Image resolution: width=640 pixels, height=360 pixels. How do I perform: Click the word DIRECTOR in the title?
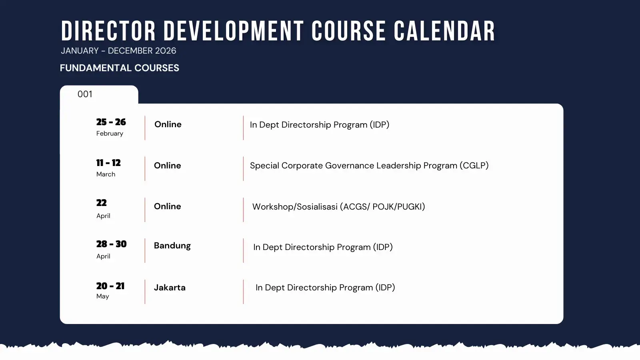click(108, 31)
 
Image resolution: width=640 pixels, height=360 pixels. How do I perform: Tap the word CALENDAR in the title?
click(444, 31)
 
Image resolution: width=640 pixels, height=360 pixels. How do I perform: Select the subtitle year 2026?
click(166, 50)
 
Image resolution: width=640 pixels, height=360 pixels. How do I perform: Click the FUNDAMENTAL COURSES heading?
click(120, 68)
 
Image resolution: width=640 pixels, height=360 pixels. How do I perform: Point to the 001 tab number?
click(85, 94)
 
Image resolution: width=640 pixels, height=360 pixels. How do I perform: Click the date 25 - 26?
click(111, 122)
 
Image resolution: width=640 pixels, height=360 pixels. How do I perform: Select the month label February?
click(110, 134)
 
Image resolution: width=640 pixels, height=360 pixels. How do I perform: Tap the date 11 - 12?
click(108, 163)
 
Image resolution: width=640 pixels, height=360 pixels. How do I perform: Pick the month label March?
click(106, 174)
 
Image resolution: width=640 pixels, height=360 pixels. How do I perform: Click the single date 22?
click(102, 203)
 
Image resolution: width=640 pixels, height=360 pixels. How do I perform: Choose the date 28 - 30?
click(112, 244)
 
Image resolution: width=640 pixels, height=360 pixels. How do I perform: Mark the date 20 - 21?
click(110, 286)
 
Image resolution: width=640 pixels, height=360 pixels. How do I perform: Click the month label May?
click(102, 296)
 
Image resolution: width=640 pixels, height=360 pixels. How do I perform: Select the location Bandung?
click(172, 246)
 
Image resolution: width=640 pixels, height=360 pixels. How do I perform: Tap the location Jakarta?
click(170, 288)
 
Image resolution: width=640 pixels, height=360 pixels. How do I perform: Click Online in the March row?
click(168, 166)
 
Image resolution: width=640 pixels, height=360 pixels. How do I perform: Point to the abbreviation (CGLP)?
click(474, 166)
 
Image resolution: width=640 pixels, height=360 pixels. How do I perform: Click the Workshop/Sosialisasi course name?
click(295, 206)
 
